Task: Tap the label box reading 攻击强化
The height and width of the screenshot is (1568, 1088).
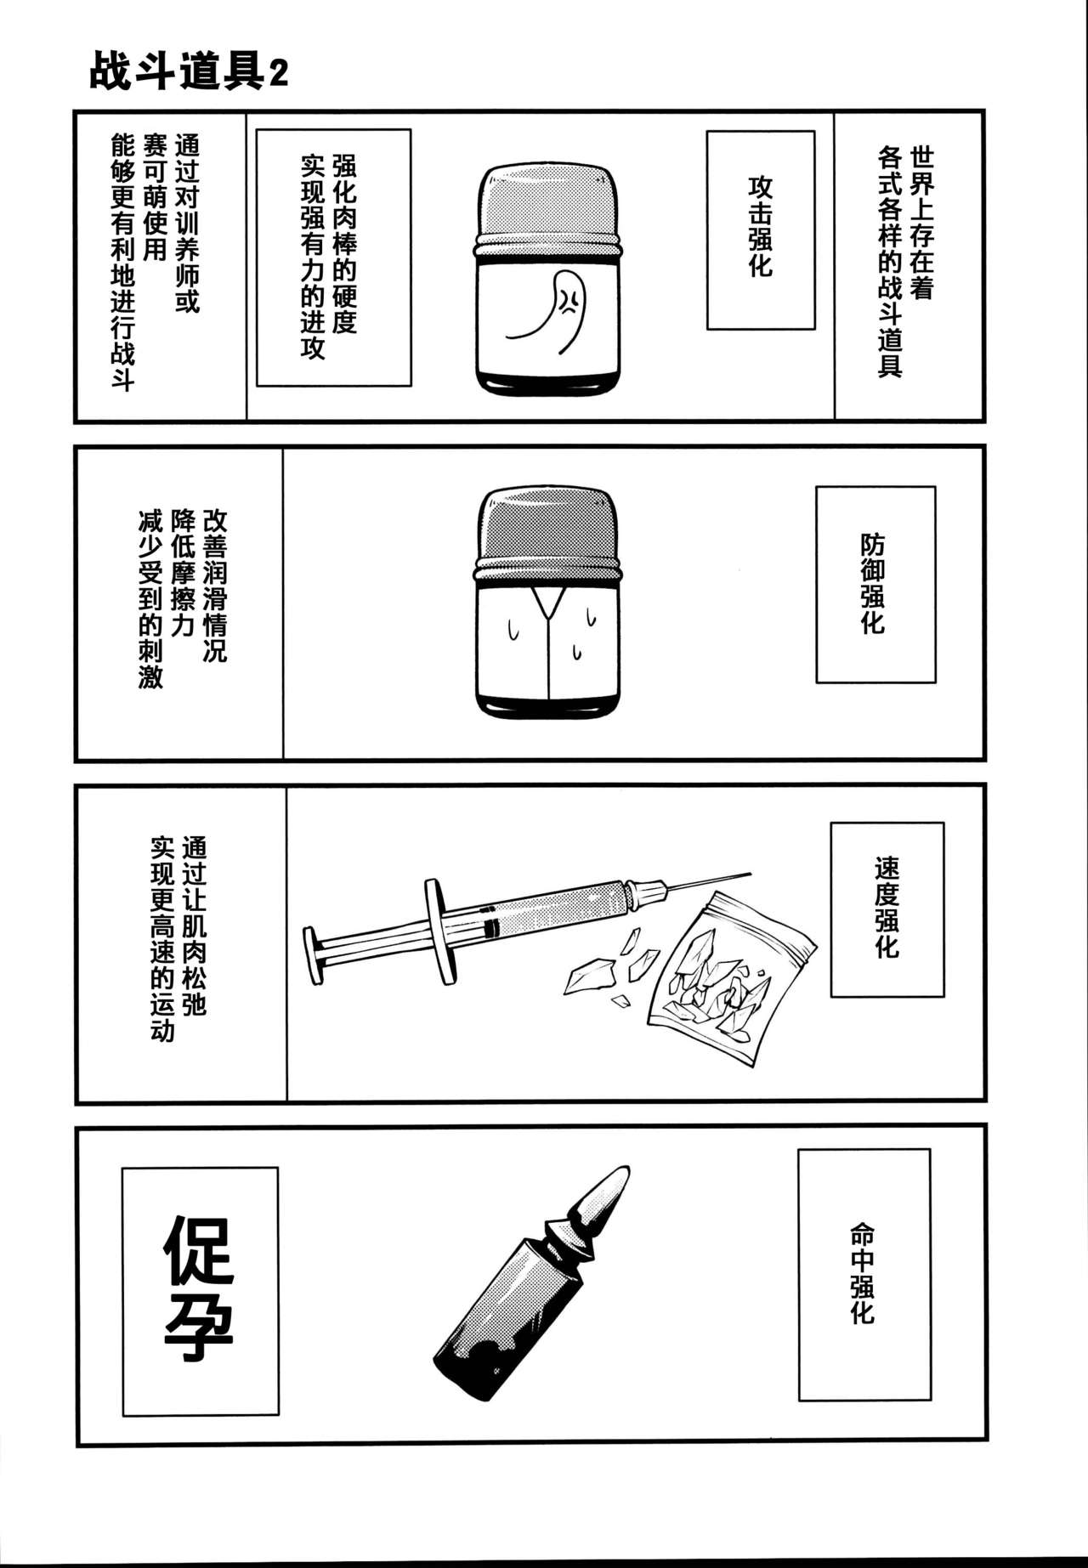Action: coord(760,229)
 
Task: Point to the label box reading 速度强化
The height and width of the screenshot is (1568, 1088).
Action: coord(887,909)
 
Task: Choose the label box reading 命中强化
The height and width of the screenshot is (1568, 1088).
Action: coord(863,1274)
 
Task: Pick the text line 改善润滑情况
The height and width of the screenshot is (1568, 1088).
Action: coord(214,586)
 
